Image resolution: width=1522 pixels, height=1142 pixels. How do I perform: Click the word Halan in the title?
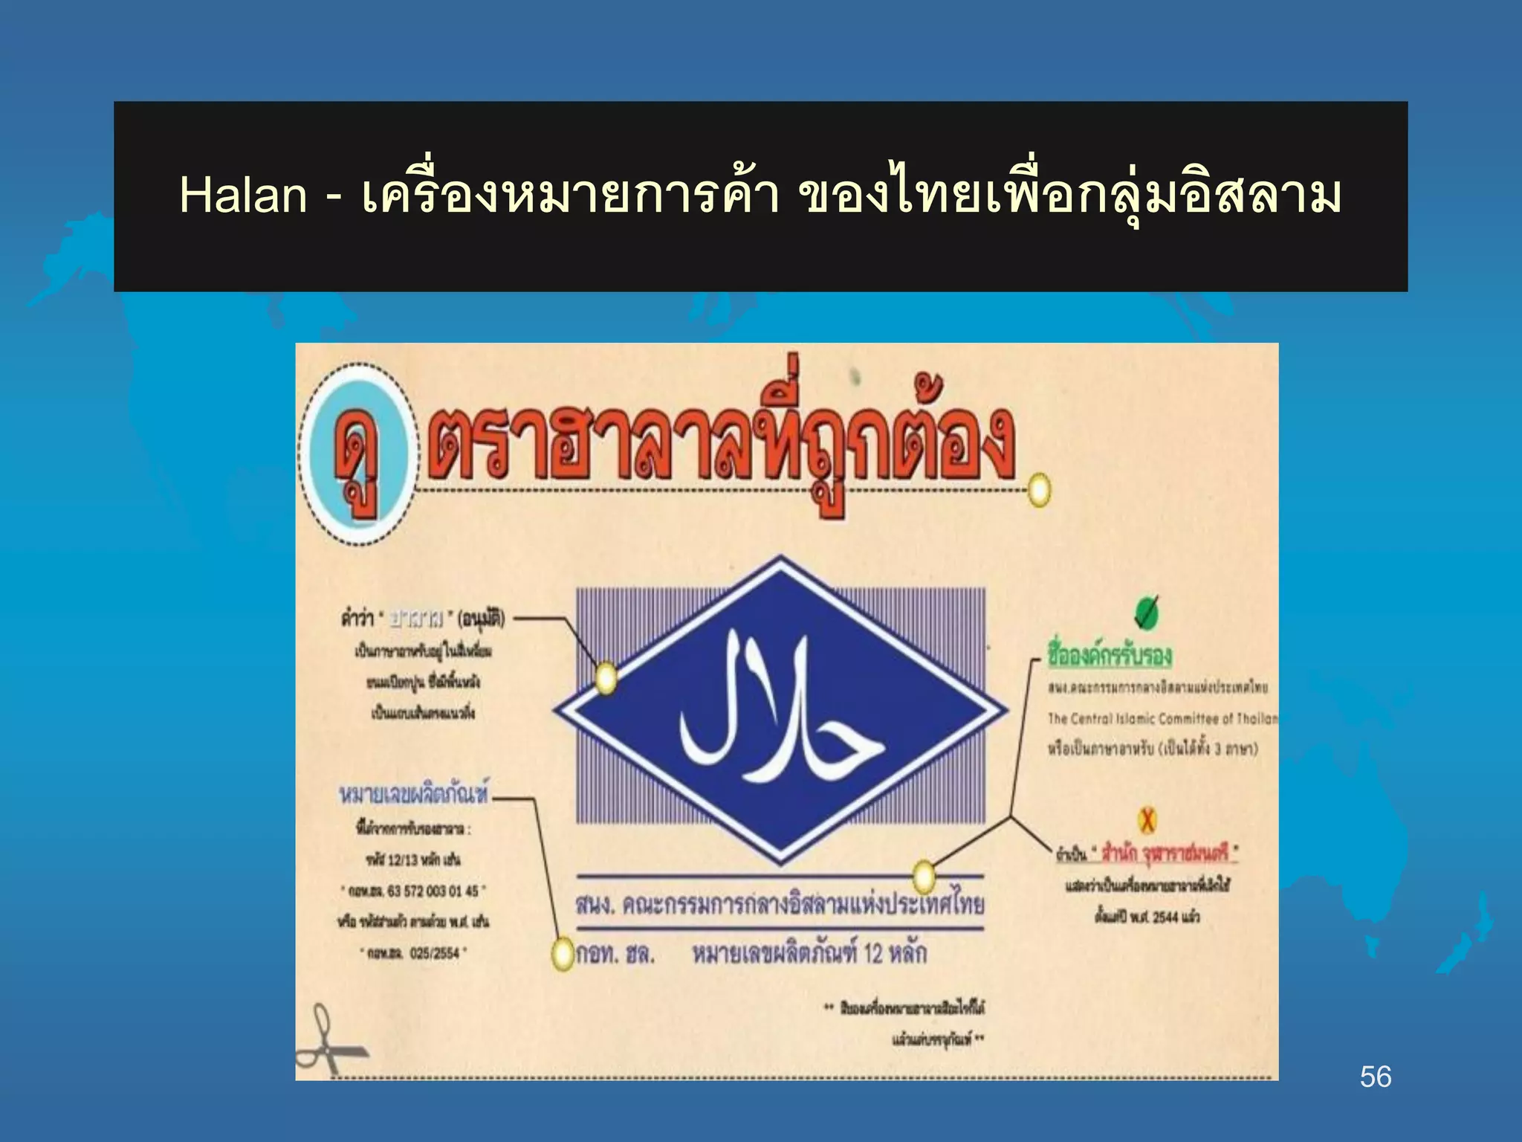pos(242,196)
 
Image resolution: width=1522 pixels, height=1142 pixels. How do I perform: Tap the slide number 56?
pos(1375,1077)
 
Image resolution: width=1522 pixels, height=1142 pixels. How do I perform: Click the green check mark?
pos(1146,612)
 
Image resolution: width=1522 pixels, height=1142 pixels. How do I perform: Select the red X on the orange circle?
pos(1147,820)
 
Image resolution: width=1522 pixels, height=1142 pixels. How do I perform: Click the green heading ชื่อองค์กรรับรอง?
pos(1109,655)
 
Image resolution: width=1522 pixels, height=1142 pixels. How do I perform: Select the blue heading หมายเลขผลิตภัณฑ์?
pos(415,794)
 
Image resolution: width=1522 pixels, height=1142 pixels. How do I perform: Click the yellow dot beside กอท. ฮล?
pos(564,954)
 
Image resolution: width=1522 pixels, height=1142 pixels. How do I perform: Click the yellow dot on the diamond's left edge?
pos(606,678)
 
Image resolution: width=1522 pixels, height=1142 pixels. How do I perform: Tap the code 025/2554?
pos(434,953)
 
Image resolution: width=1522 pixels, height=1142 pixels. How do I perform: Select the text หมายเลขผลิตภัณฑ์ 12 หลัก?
pos(809,954)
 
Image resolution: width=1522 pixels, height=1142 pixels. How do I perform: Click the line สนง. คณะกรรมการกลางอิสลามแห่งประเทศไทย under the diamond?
pos(780,905)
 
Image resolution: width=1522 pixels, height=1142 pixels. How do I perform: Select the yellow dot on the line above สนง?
pos(923,877)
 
